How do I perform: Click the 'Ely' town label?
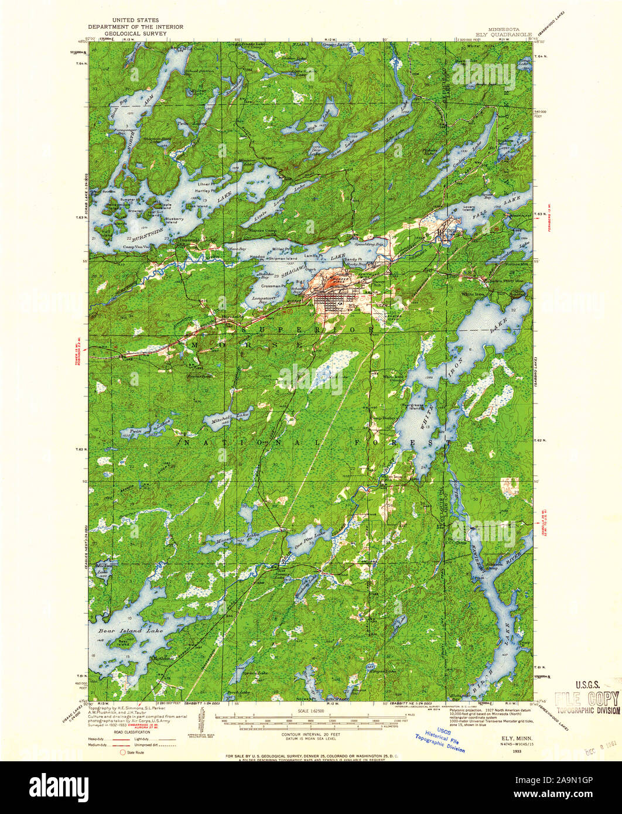[x=352, y=306]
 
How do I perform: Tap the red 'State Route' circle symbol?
[x=122, y=751]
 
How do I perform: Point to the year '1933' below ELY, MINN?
[x=516, y=750]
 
